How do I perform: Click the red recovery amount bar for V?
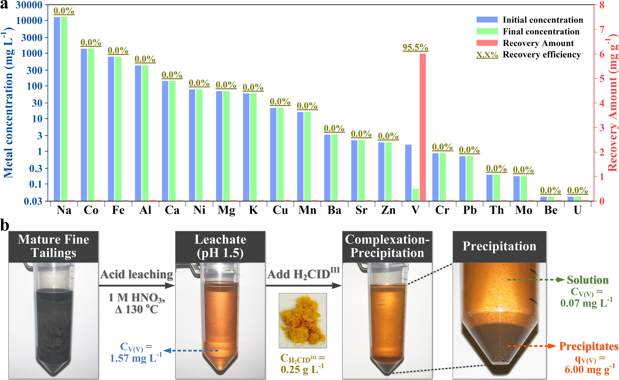(x=423, y=127)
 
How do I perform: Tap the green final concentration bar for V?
(x=415, y=195)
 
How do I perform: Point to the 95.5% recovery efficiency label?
(x=415, y=47)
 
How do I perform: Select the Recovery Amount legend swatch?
(x=487, y=43)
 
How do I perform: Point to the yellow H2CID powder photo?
(x=303, y=320)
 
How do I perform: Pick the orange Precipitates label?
(x=589, y=346)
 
